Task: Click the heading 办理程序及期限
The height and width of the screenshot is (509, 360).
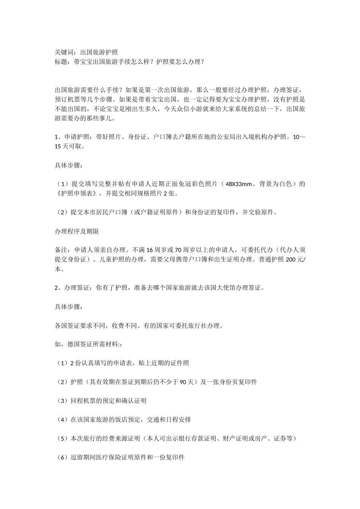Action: [77, 231]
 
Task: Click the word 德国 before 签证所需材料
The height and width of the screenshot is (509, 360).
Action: [74, 345]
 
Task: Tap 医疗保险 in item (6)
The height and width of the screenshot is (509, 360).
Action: [112, 457]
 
